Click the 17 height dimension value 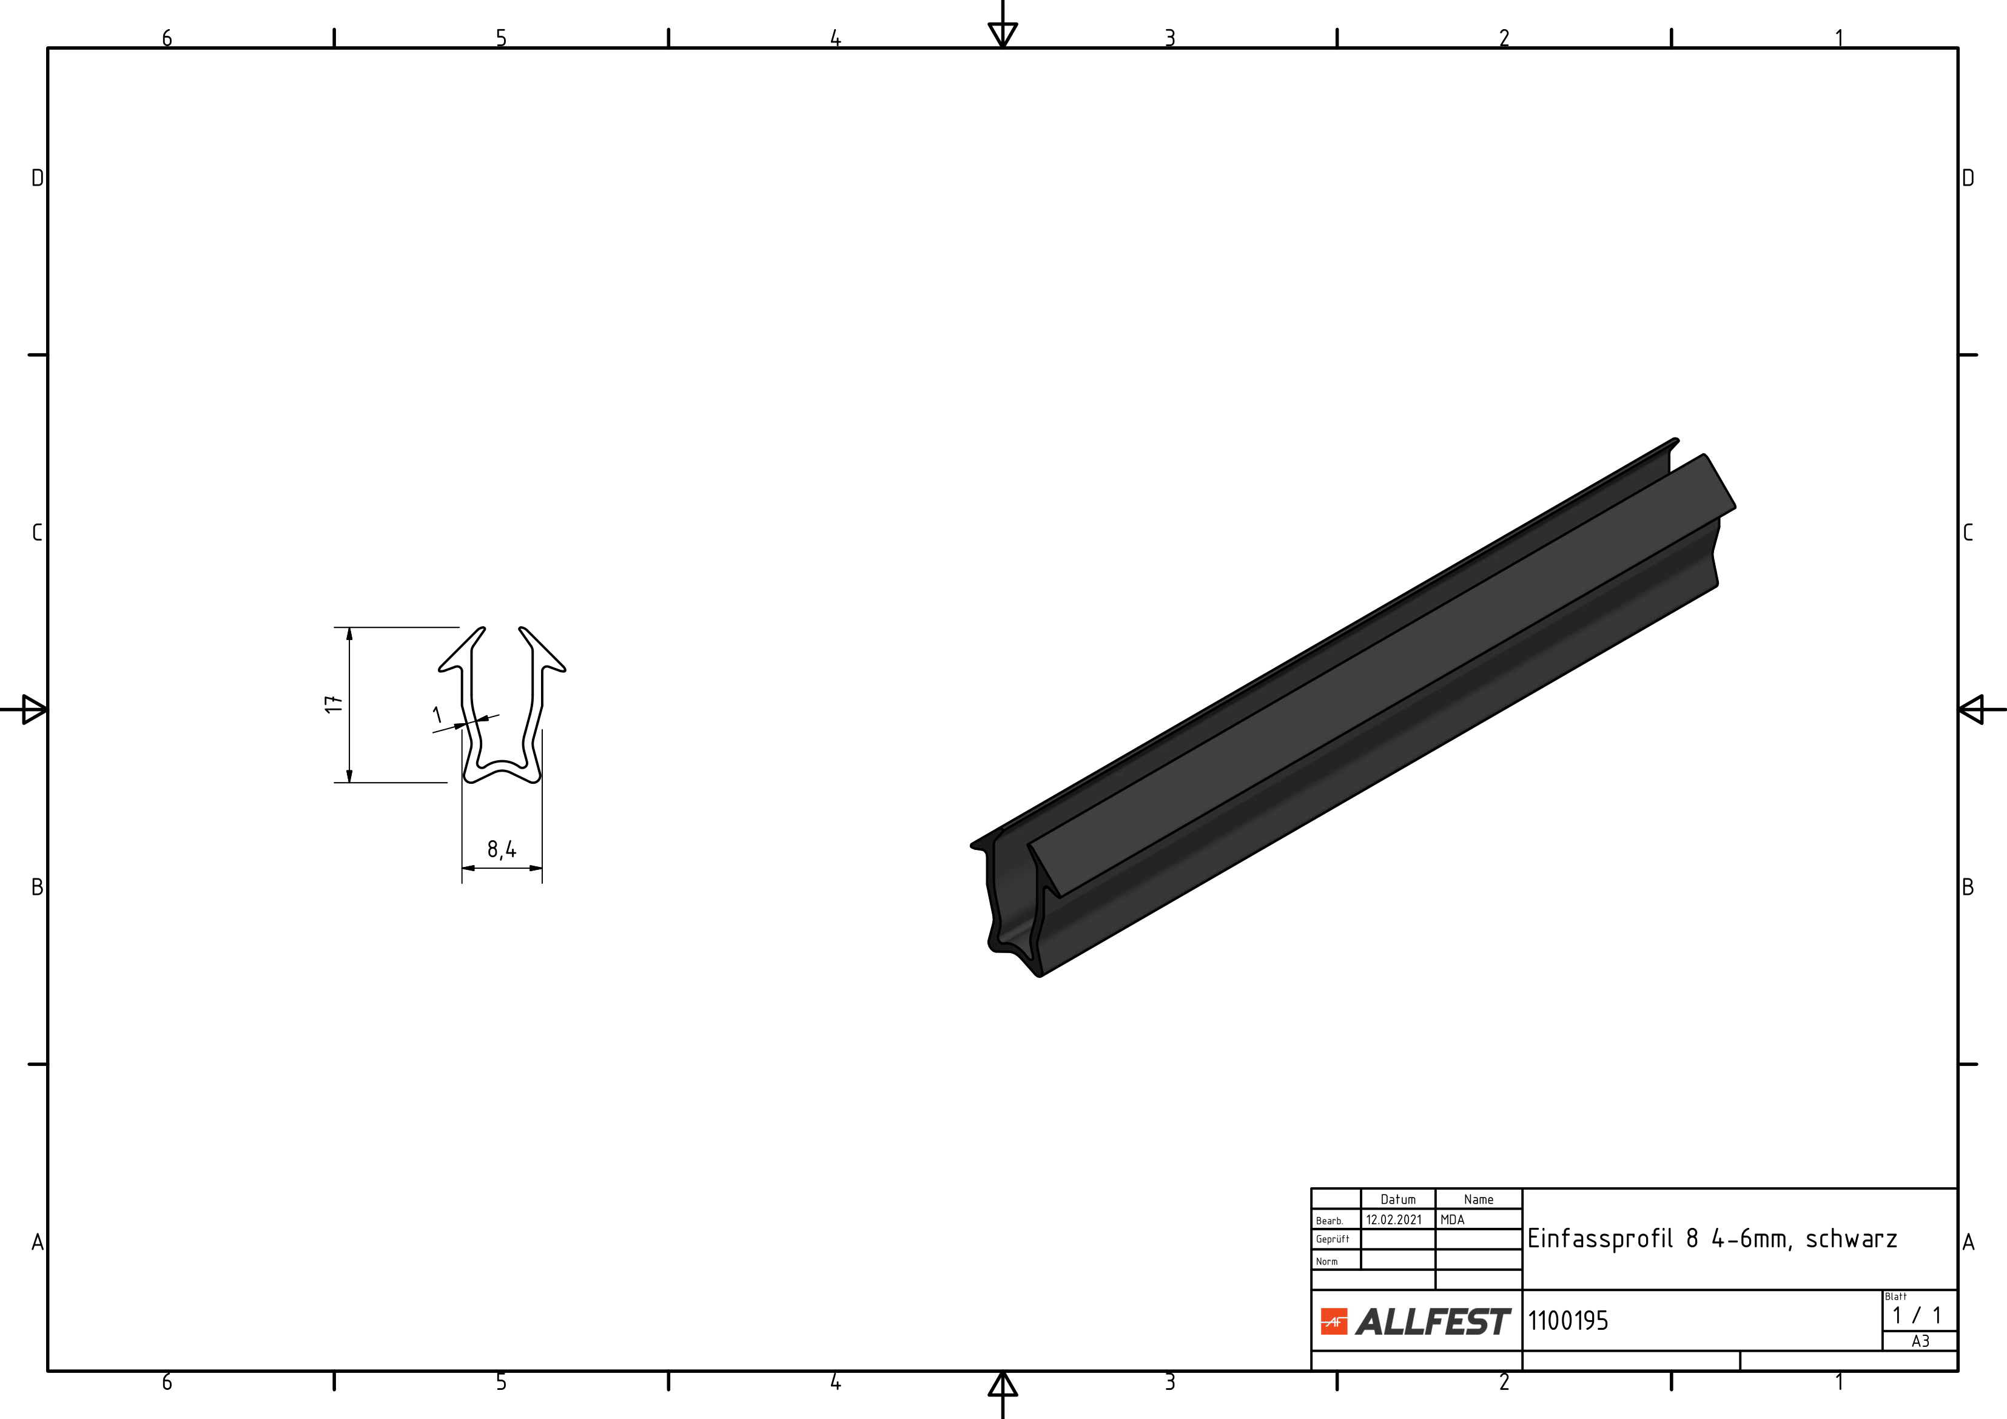333,704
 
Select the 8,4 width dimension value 502,849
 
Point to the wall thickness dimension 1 438,715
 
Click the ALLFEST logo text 1433,1321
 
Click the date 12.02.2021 1394,1219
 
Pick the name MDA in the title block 1452,1219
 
